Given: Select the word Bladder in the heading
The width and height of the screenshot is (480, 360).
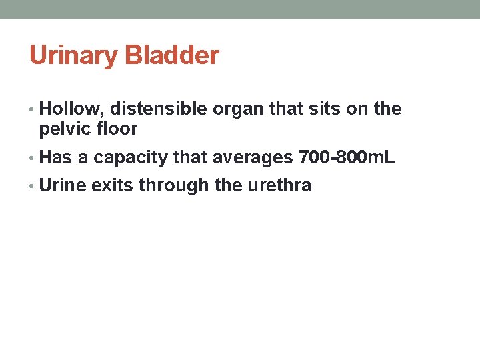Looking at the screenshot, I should point(171,56).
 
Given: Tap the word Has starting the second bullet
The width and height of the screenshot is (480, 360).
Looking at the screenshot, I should point(55,157).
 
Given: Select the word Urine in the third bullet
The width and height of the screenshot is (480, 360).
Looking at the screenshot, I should point(63,185).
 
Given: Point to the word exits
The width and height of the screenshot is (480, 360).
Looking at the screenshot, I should point(113,185).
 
